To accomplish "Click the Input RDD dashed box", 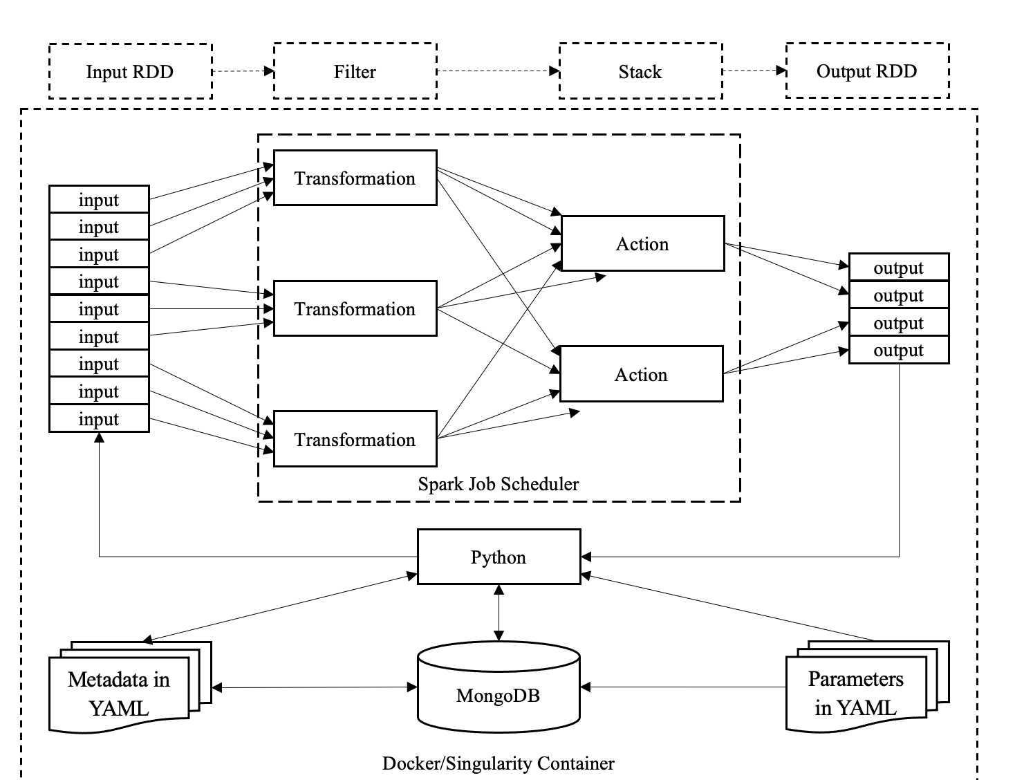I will pos(130,71).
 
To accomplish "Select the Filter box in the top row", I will pos(355,71).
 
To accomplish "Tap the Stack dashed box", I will pos(640,71).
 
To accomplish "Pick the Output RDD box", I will pos(867,71).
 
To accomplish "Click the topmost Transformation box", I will pos(355,178).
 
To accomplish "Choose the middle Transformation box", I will pos(355,308).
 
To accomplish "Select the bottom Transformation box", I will pos(355,439).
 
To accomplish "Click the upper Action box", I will pos(642,243).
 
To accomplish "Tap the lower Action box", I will pos(641,374).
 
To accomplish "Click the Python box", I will pos(499,557).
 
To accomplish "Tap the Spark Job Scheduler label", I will pos(498,484).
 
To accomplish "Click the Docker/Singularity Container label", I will pos(498,763).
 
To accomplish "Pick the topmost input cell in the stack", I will pos(99,199).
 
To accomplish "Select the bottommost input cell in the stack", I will pos(99,419).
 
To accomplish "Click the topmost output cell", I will pos(898,268).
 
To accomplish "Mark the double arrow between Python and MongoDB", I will pos(499,613).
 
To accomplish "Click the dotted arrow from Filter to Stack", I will pos(498,71).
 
